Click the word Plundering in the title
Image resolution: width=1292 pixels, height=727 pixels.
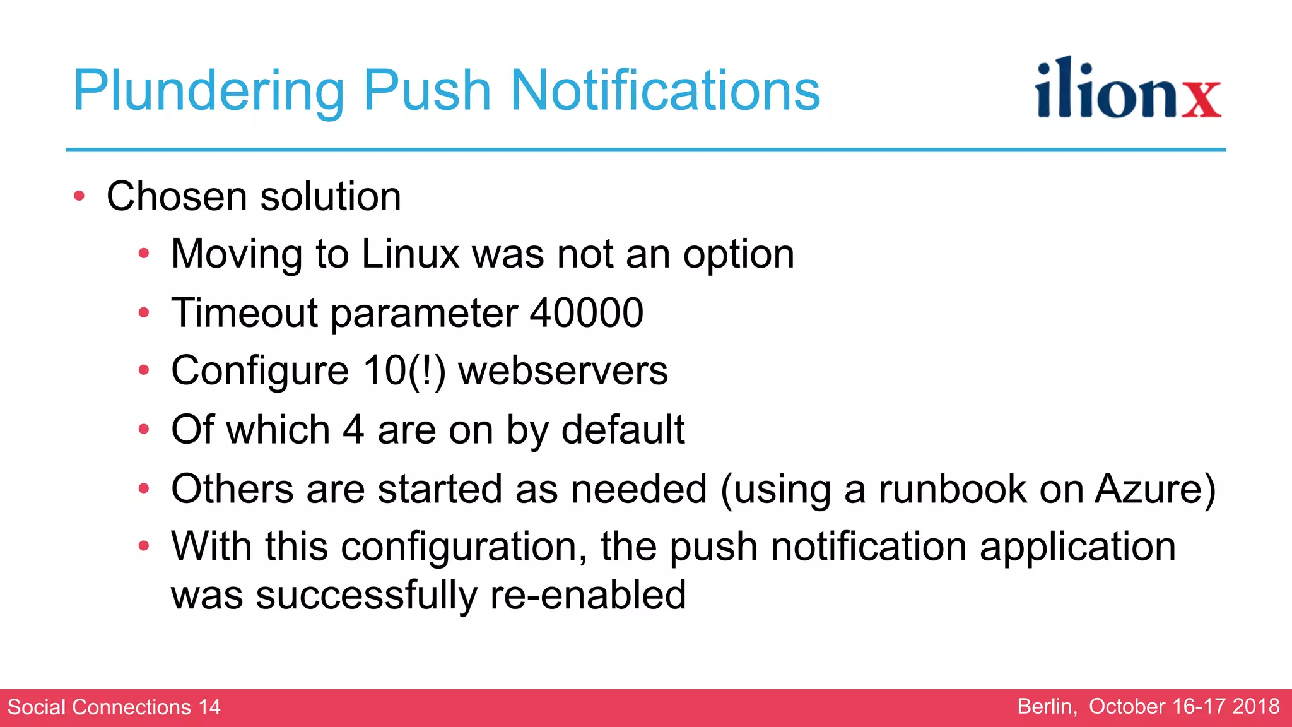[x=208, y=92]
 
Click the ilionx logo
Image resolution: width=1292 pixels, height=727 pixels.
[x=1127, y=89]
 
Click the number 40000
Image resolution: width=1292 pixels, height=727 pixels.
[x=586, y=313]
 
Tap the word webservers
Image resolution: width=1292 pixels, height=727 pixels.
[x=563, y=370]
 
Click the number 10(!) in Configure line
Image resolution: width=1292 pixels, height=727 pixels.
[x=404, y=370]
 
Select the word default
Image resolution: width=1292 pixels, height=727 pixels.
[x=623, y=430]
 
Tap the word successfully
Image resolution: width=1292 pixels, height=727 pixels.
[x=367, y=595]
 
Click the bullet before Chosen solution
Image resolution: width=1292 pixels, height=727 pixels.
[x=79, y=196]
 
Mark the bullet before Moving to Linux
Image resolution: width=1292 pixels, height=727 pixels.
[x=144, y=254]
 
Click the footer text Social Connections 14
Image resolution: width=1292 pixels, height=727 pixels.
[x=114, y=707]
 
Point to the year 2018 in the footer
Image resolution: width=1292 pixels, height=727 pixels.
[x=1256, y=706]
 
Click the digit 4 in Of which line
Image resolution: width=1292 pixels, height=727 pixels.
[x=353, y=430]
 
